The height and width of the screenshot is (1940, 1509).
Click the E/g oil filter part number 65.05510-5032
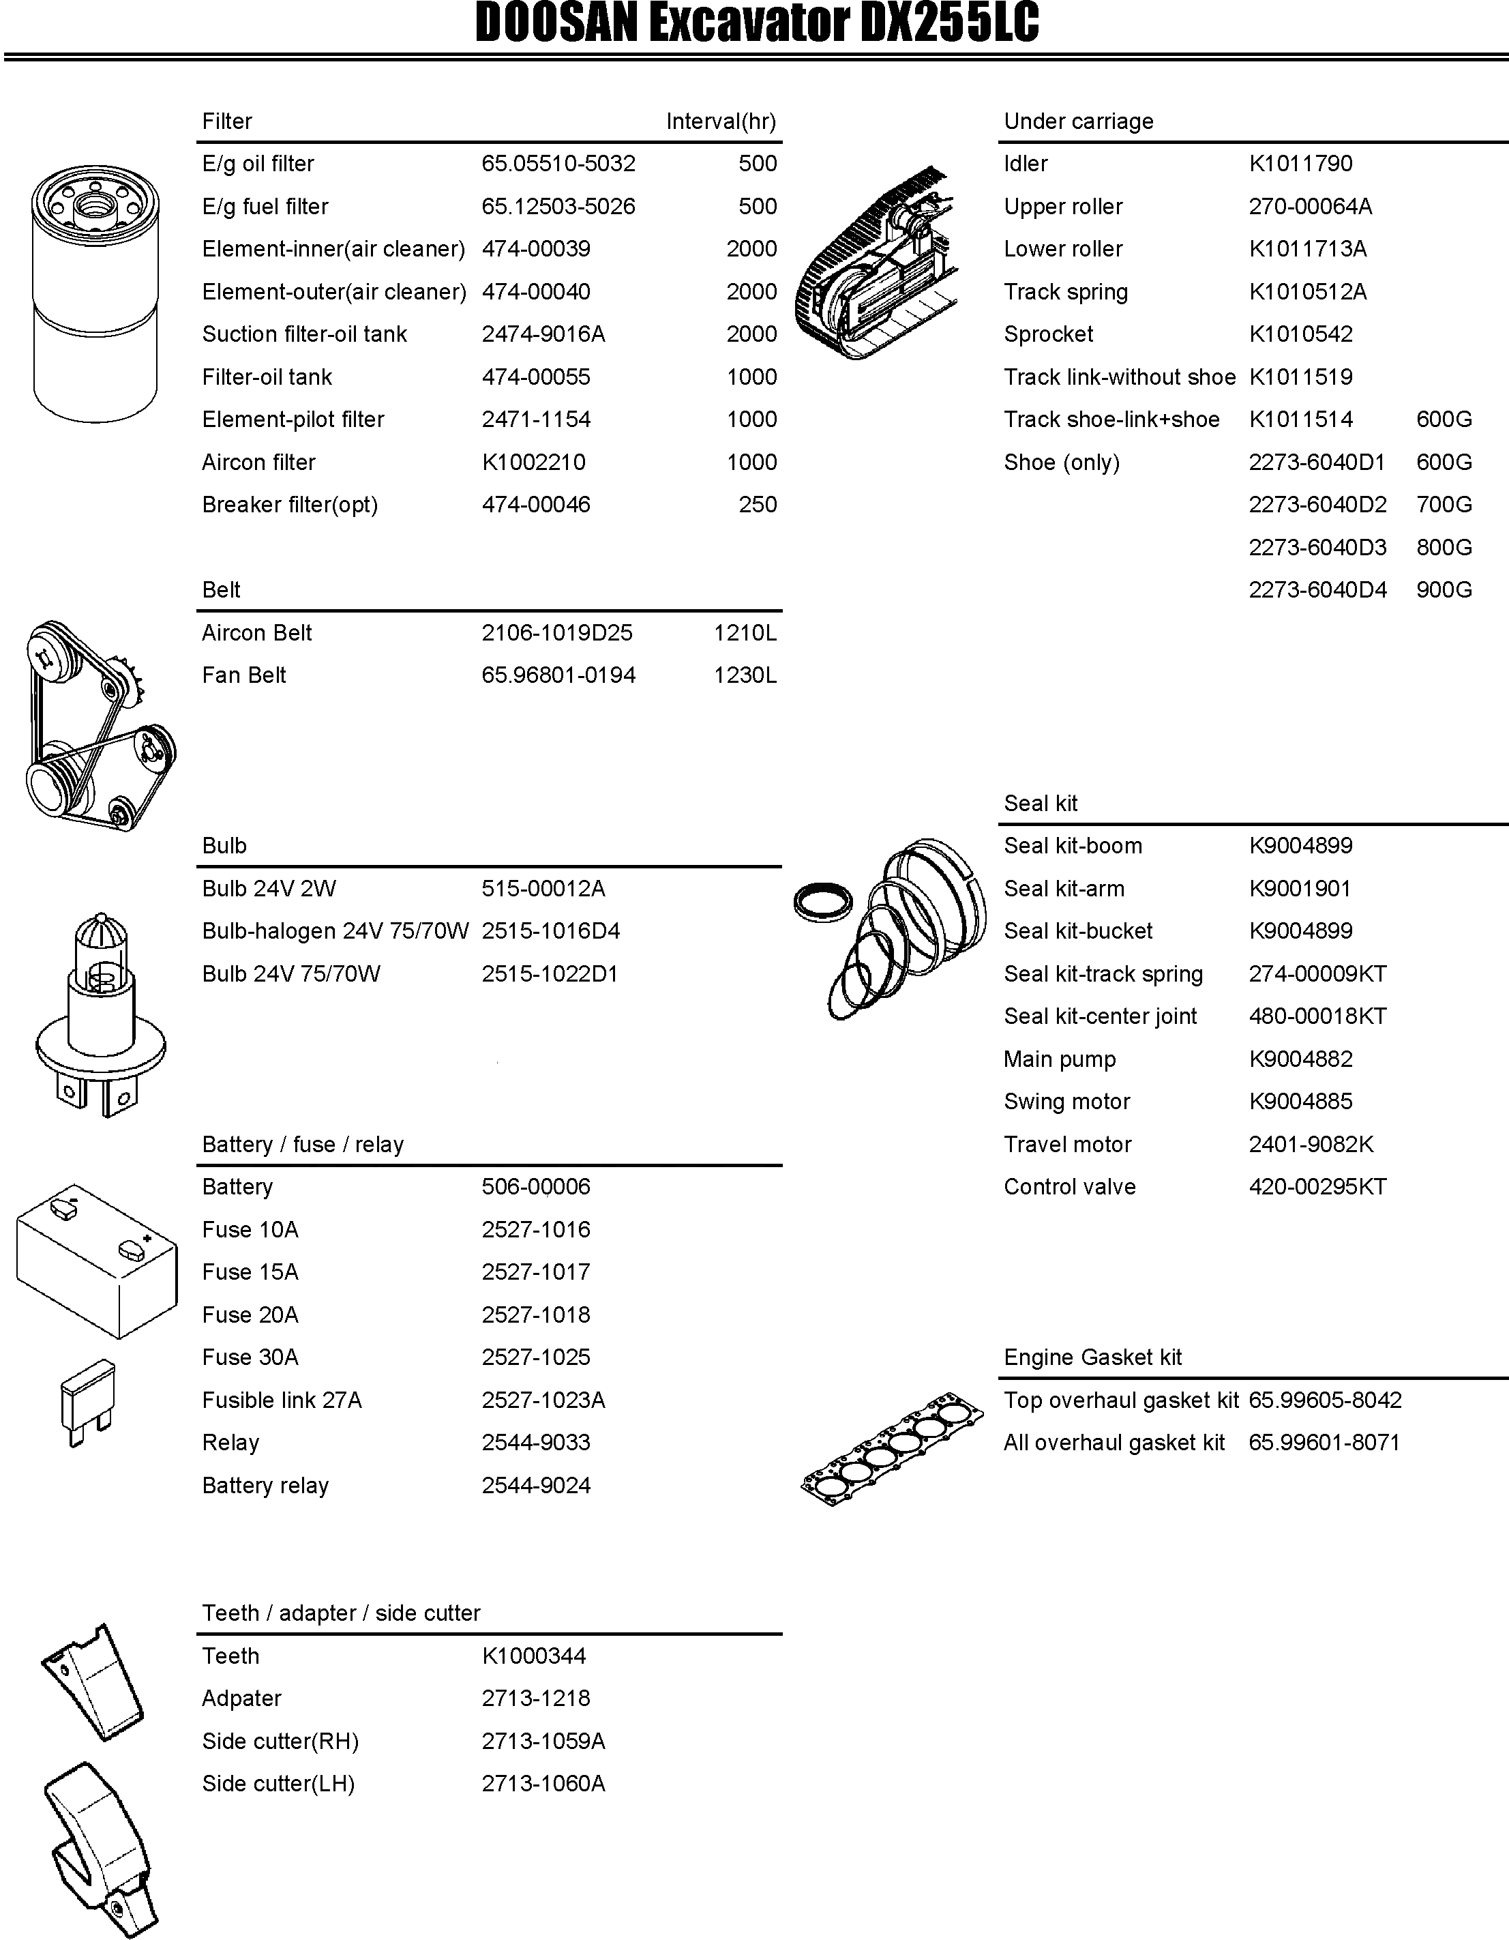[x=558, y=164]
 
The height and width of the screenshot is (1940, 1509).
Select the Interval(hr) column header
[x=720, y=121]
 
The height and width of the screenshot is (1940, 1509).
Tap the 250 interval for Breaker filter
[x=758, y=505]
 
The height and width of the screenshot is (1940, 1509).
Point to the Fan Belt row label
[x=243, y=675]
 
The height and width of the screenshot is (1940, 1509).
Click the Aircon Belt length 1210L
[x=745, y=632]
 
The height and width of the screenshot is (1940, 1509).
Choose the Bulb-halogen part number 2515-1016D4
[x=551, y=931]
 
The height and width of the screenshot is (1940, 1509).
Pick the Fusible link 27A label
[x=282, y=1400]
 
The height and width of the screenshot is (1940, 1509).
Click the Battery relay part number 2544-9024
[x=535, y=1485]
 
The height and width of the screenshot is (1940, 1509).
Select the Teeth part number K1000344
[x=534, y=1656]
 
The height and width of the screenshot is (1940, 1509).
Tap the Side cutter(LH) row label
[x=278, y=1784]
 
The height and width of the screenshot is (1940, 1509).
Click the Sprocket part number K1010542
[x=1300, y=334]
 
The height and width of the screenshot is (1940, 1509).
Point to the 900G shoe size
[x=1444, y=590]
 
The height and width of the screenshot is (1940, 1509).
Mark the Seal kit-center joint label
[x=1100, y=1016]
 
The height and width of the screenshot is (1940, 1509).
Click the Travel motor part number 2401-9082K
[x=1311, y=1144]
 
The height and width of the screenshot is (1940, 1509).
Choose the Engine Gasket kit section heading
[x=1092, y=1357]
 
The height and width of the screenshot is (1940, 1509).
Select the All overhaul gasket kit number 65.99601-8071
[x=1324, y=1443]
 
